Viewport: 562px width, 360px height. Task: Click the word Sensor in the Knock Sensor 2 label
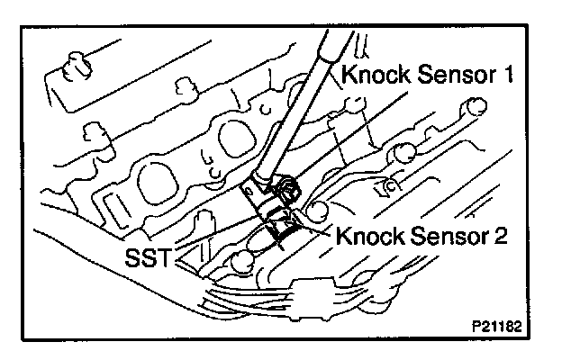(449, 238)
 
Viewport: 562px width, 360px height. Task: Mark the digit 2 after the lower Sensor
(504, 238)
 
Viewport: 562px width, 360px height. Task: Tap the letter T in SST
(168, 261)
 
